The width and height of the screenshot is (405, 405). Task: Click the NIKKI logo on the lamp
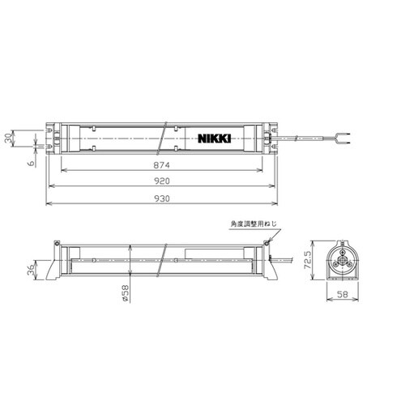click(215, 139)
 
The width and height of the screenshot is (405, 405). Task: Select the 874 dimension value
click(162, 165)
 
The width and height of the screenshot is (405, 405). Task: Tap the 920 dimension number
click(162, 181)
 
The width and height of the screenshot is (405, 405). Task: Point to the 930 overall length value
click(162, 198)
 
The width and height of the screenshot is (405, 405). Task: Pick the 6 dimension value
click(32, 163)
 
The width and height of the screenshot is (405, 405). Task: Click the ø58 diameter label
click(126, 293)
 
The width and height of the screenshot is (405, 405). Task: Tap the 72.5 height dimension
click(308, 260)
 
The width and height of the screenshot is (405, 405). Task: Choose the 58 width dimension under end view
click(343, 294)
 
